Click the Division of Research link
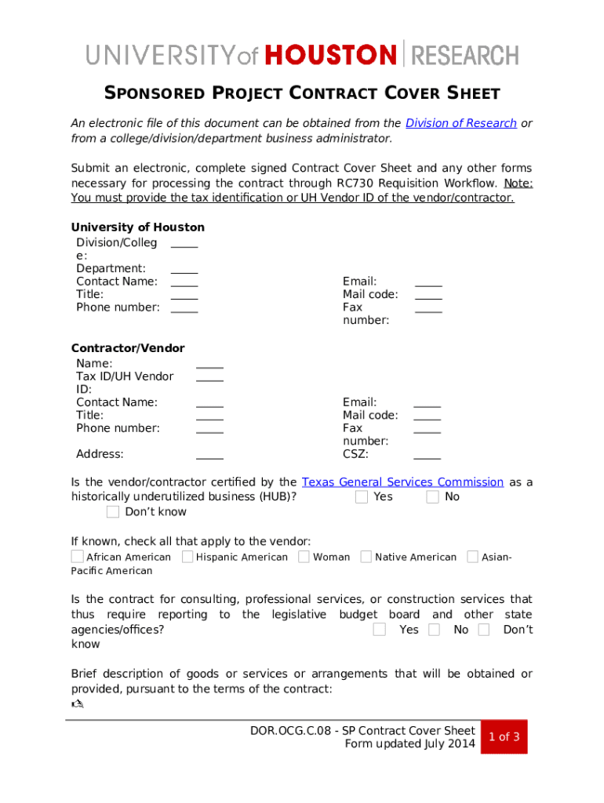[460, 123]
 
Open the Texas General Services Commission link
[402, 482]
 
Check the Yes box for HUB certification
[362, 497]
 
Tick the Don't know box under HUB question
[113, 512]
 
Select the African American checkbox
[77, 557]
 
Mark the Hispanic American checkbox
[187, 557]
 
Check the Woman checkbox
[304, 557]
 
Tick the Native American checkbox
[366, 557]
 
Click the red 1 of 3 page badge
[504, 737]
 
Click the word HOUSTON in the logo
[331, 55]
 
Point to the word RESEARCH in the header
[465, 55]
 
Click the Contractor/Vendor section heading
[128, 348]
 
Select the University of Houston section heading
[137, 227]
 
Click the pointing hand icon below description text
[77, 704]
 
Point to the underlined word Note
[518, 183]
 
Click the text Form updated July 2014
[409, 744]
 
